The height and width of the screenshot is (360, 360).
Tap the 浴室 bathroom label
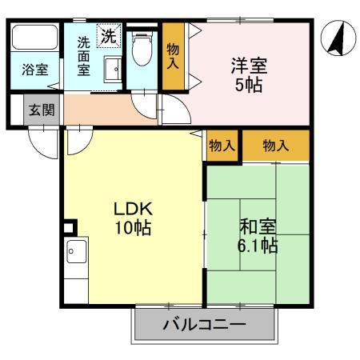34,70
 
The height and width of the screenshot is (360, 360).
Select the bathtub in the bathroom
34,38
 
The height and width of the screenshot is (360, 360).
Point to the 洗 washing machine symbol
107,35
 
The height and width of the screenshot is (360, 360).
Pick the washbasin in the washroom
111,70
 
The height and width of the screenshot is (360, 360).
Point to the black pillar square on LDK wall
68,227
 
